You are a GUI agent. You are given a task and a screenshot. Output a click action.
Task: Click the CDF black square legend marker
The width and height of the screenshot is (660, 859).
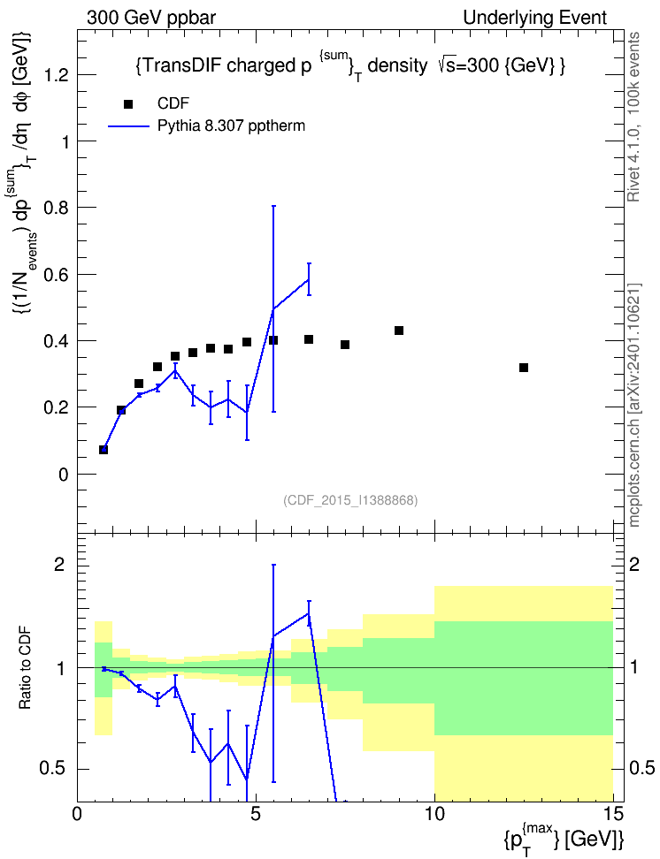click(127, 104)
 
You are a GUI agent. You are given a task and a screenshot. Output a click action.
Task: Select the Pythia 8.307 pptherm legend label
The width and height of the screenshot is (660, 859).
click(231, 126)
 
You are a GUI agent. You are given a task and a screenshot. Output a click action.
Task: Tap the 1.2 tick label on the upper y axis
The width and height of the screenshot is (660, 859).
click(56, 74)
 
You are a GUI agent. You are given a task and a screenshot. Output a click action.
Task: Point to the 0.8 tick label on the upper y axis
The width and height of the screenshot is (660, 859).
click(56, 208)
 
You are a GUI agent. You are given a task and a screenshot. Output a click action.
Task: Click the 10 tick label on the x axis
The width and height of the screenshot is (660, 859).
click(434, 814)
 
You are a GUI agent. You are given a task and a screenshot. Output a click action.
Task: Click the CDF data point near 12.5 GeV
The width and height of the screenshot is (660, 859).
click(524, 368)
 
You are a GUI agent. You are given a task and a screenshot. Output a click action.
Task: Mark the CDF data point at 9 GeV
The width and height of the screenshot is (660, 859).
click(399, 331)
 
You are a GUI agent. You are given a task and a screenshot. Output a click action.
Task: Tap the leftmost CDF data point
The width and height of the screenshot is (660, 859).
click(104, 450)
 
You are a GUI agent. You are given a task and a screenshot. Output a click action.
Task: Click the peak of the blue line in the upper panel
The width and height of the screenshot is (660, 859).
click(309, 279)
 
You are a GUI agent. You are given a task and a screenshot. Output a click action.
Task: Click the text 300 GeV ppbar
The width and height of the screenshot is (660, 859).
click(151, 18)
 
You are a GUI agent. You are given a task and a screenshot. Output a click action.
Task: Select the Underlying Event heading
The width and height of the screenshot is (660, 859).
click(535, 18)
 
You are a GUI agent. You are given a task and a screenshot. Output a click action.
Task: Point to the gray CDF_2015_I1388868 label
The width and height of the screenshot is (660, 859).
click(350, 500)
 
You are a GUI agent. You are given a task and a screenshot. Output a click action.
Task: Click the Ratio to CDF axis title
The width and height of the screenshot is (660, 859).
click(25, 668)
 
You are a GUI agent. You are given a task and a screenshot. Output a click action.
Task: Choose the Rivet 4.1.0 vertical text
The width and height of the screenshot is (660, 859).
click(634, 117)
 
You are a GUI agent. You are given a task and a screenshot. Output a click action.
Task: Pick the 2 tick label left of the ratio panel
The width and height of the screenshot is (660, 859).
click(59, 564)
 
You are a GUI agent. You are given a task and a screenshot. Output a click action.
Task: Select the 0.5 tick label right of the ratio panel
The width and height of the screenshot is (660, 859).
click(641, 768)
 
